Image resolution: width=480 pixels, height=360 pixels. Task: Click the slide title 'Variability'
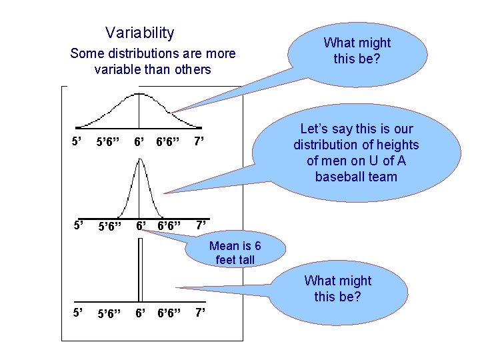tap(139, 33)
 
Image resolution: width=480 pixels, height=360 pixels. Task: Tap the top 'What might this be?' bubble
tap(357, 51)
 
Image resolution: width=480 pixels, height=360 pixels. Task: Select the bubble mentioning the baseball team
tap(357, 153)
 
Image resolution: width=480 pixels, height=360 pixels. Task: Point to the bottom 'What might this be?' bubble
tap(337, 289)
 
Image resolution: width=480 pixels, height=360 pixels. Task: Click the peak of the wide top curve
tap(139, 93)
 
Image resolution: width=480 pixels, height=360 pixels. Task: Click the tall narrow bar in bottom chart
tap(139, 270)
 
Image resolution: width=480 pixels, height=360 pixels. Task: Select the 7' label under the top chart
tap(199, 141)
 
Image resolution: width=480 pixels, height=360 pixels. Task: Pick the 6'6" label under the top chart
tap(167, 142)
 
